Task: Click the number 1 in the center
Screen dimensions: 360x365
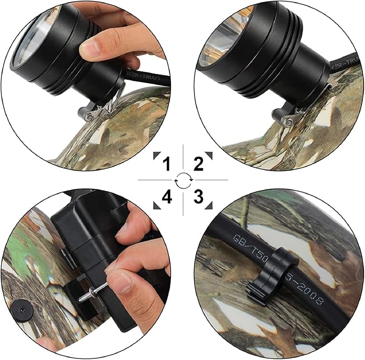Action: [167, 164]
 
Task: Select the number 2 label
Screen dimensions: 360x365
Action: [198, 164]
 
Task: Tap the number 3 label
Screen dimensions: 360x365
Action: [198, 197]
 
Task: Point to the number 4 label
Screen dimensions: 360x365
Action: [167, 197]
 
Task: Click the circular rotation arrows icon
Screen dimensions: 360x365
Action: [183, 180]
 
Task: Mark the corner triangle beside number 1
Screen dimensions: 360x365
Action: [155, 156]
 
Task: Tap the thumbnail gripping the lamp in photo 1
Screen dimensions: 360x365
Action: [90, 49]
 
